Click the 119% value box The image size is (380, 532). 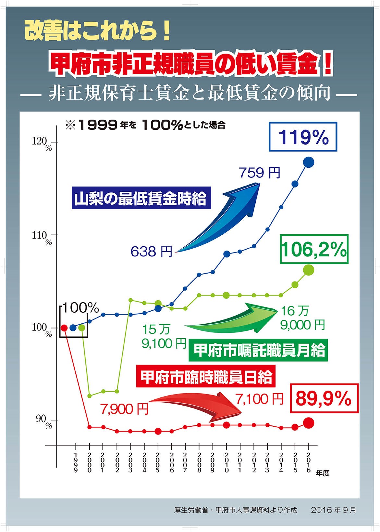(303, 137)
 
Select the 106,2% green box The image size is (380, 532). (314, 249)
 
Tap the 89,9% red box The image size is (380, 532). (324, 398)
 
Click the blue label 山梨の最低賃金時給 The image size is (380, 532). (141, 198)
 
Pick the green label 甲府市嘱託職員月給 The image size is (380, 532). (258, 350)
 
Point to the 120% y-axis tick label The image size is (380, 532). (42, 143)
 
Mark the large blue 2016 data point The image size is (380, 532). (308, 162)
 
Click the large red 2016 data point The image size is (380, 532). (308, 423)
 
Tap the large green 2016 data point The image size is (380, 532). (308, 269)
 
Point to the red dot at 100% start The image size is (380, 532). (64, 328)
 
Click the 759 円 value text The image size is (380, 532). (260, 173)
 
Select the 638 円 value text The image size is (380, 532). (151, 251)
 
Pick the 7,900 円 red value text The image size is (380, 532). (124, 409)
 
